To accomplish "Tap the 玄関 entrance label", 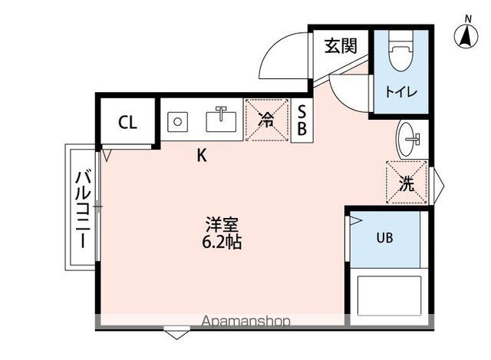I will coord(340,46).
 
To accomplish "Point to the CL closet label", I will coord(127,123).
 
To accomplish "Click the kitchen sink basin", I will coord(222,121).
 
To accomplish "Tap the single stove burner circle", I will coord(179,121).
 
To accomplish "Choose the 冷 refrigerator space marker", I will coord(266,119).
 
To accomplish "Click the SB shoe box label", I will coord(302,121).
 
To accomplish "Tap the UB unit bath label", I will coord(384,237).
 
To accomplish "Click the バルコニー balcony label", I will coord(81,208).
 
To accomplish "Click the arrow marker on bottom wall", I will coord(176,333).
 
